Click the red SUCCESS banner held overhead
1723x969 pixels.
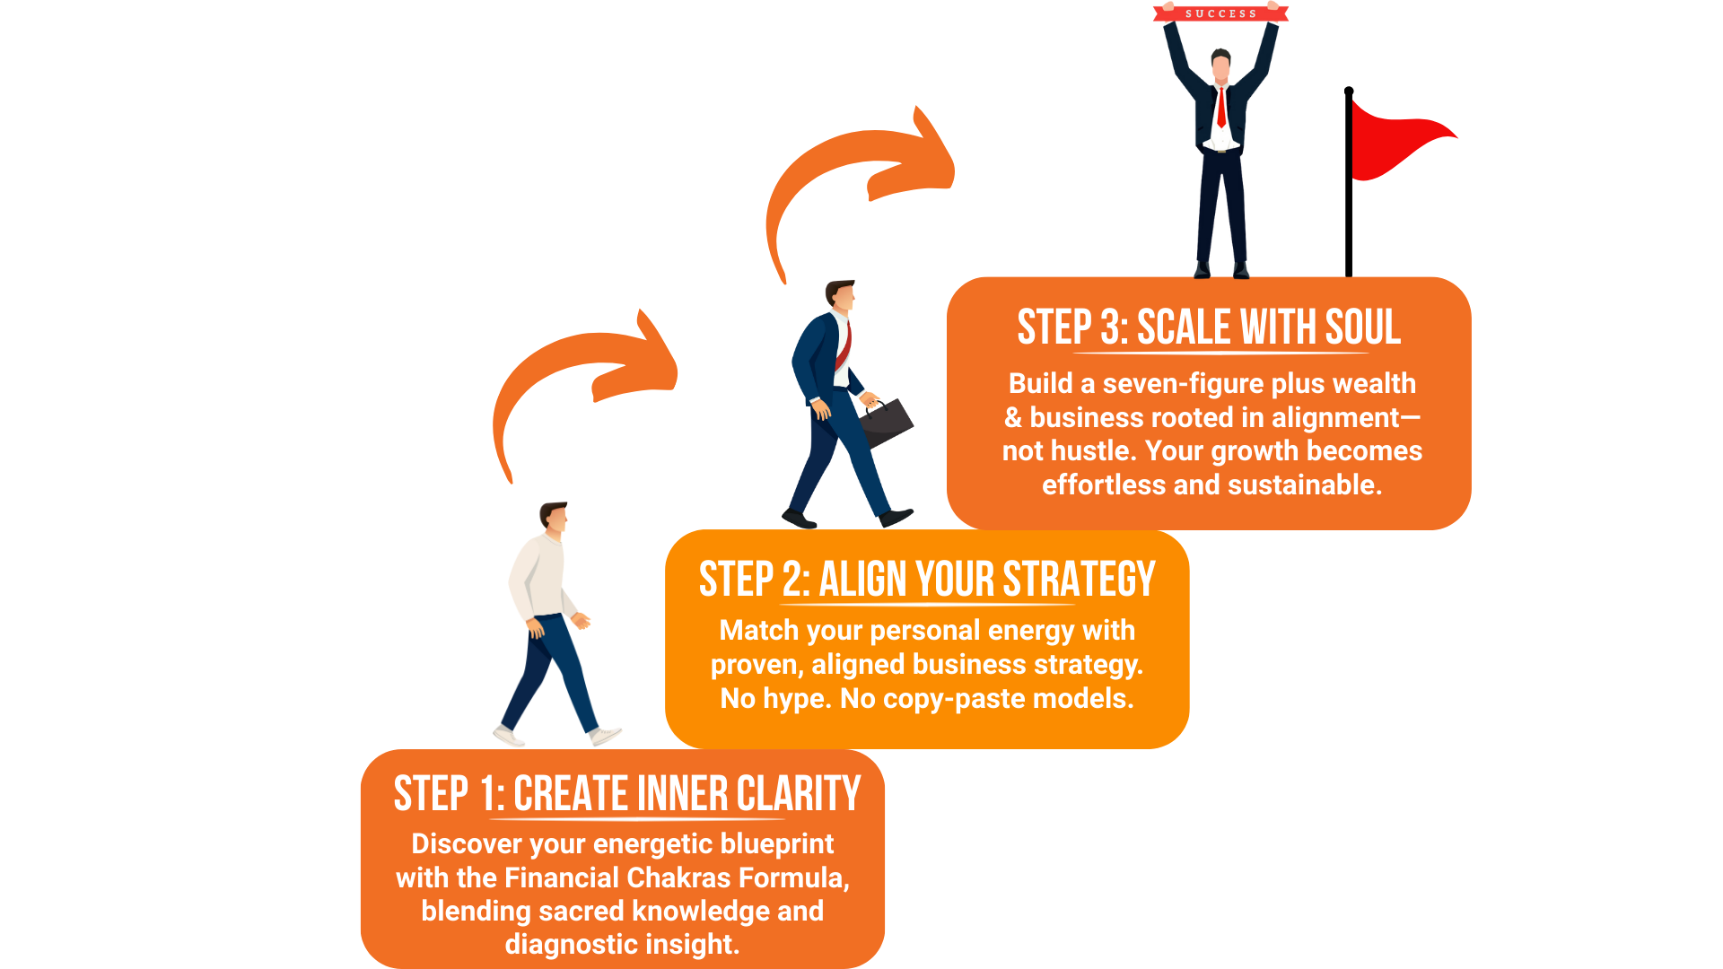[1220, 13]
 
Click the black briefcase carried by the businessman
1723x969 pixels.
[886, 423]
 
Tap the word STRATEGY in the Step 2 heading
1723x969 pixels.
[1079, 579]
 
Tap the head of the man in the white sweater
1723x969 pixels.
[555, 518]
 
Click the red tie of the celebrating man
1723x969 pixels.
[1221, 107]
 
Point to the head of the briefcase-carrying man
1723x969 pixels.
[842, 296]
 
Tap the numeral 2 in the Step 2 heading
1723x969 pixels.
[794, 580]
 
